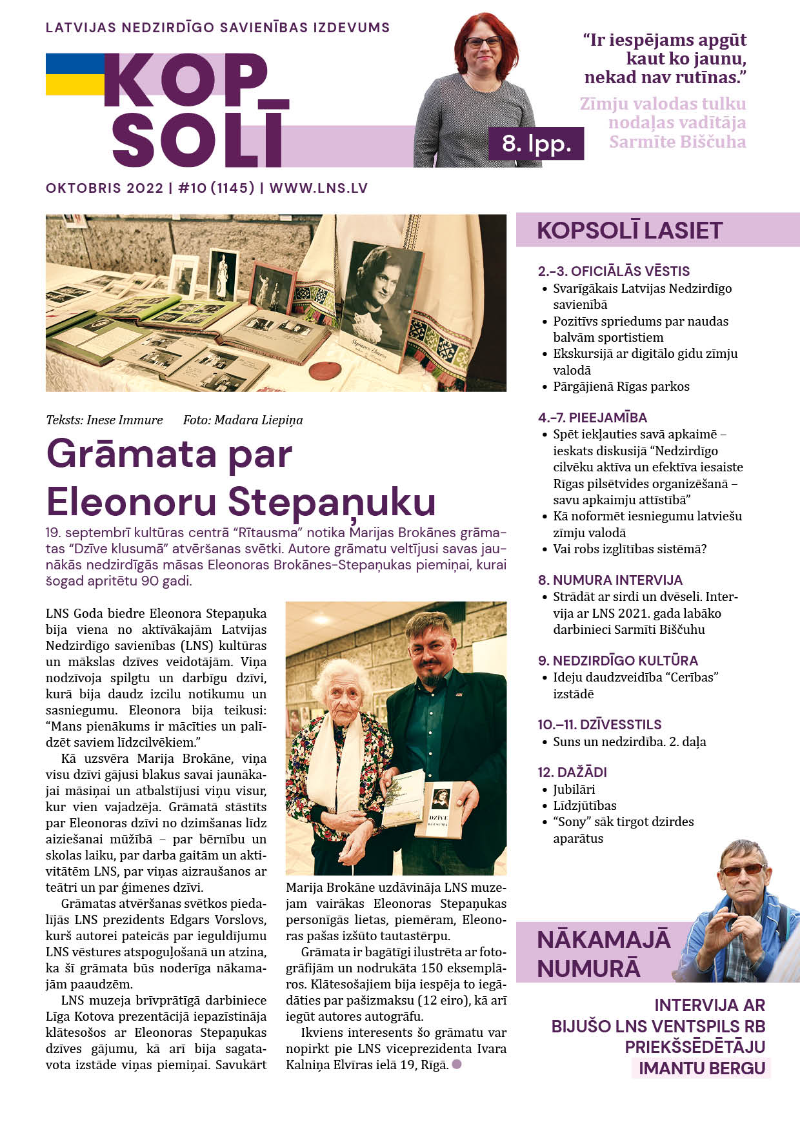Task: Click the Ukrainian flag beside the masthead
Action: click(75, 74)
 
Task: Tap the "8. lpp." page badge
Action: click(536, 143)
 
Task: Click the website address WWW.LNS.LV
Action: click(319, 188)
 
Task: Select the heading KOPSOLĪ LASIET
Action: click(629, 230)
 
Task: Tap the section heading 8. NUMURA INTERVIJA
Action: click(610, 580)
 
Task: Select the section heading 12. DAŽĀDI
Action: click(572, 772)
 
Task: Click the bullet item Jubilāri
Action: click(574, 789)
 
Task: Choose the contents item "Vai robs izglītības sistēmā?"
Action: click(629, 549)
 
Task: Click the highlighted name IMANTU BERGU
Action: click(701, 1068)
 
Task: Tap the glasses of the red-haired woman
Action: click(483, 42)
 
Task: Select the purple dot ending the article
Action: click(457, 1064)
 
